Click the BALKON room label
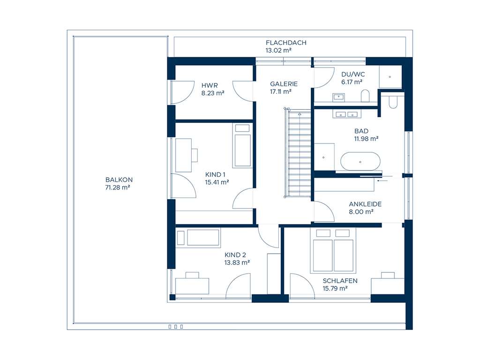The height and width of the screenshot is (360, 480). click(119, 180)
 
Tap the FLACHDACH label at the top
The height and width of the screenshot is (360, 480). click(286, 43)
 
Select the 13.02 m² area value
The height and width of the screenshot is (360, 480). click(278, 51)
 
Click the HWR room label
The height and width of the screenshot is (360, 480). click(210, 85)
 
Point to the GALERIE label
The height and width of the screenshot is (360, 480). click(284, 84)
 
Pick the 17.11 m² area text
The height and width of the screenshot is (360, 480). click(281, 91)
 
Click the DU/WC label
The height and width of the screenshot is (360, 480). click(353, 75)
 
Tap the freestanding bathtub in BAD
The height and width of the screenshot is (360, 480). click(360, 161)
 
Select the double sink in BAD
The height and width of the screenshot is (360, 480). click(347, 114)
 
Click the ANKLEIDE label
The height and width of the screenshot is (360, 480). click(365, 204)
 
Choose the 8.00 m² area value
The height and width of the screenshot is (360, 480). click(361, 212)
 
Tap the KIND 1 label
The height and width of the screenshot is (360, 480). click(215, 175)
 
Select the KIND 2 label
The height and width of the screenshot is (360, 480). click(235, 255)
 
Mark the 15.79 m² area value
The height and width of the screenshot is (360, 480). click(335, 288)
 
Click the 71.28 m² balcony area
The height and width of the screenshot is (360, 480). click(118, 187)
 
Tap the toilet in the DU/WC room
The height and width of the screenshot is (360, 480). click(365, 96)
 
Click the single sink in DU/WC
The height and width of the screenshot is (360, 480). click(338, 97)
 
